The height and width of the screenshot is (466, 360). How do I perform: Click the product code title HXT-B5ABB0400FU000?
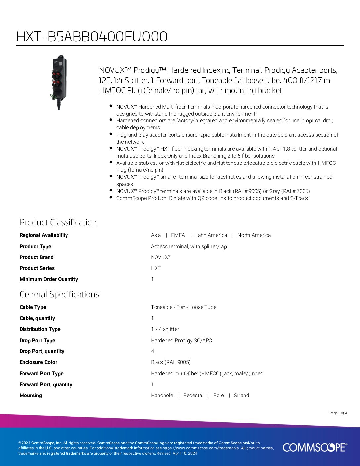point(92,37)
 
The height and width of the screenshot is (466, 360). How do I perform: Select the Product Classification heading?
point(58,222)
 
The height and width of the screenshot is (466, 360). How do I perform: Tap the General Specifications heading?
point(59,294)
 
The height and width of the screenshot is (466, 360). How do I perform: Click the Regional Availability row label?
point(44,235)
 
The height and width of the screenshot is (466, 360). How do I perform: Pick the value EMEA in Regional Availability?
point(178,235)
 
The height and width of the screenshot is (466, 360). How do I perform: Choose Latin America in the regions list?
point(211,235)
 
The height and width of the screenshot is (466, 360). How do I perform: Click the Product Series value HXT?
point(156,268)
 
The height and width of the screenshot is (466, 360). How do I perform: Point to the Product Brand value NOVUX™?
point(161,257)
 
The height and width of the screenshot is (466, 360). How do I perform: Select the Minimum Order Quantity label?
point(49,279)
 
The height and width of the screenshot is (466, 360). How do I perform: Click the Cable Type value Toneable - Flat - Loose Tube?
point(184,307)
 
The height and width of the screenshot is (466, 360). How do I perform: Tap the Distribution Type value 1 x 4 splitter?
point(165,329)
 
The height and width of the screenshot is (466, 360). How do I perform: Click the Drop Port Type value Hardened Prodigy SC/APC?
point(181,341)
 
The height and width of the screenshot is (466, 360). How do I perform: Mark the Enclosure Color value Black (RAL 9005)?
point(170,362)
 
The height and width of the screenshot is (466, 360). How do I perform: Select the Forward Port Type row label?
point(41,374)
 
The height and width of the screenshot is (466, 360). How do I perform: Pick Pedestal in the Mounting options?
point(193,396)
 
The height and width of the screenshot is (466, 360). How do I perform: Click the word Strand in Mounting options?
point(242,396)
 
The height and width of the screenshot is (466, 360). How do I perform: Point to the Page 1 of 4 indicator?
point(338,413)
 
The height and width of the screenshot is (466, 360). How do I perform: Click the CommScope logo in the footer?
point(315,447)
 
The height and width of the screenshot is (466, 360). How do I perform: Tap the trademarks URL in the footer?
point(201,448)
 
